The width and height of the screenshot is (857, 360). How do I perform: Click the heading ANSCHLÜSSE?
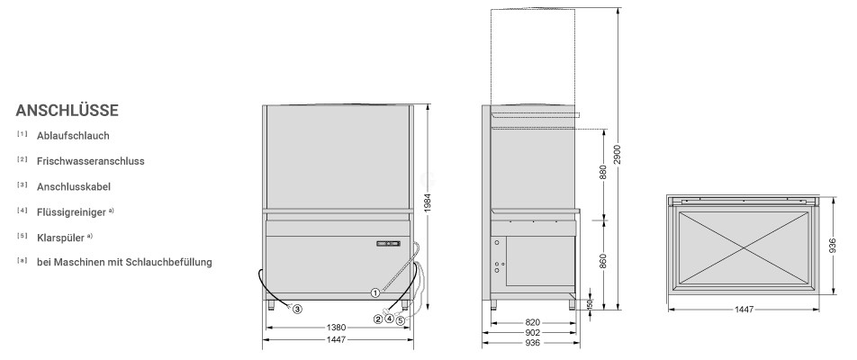(67, 111)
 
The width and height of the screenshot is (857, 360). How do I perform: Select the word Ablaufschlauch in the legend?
(73, 136)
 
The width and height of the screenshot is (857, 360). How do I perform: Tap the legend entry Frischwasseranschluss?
(91, 161)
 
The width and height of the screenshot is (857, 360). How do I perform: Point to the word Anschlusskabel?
(74, 187)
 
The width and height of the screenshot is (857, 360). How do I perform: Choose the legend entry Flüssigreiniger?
(71, 212)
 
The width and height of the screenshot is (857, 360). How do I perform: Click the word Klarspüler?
(60, 238)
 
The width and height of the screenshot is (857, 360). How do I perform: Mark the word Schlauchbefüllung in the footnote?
(168, 262)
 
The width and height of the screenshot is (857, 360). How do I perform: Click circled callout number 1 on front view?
(374, 292)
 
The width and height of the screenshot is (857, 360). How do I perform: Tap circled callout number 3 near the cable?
(297, 310)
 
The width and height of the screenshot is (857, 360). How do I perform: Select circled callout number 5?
(401, 320)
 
